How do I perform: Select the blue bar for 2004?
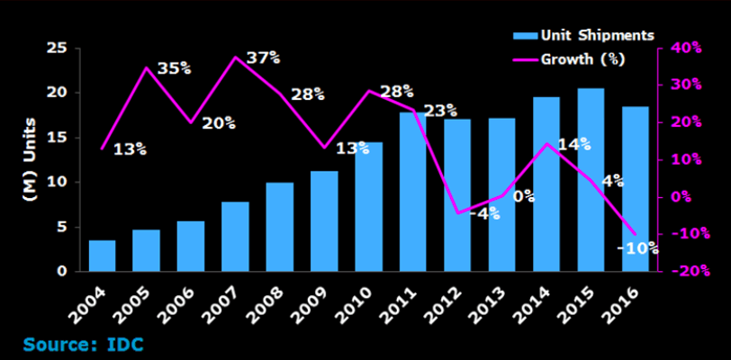[102, 256]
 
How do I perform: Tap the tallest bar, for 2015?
[591, 179]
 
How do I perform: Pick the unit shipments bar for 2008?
[280, 226]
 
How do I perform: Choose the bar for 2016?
[635, 188]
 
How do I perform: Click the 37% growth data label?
[262, 58]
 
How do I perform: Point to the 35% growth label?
[173, 67]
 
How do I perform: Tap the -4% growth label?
[485, 214]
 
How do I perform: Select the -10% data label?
[638, 248]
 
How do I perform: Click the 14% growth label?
[573, 143]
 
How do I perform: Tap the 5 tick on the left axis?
[59, 227]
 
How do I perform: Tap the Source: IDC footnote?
[83, 344]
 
